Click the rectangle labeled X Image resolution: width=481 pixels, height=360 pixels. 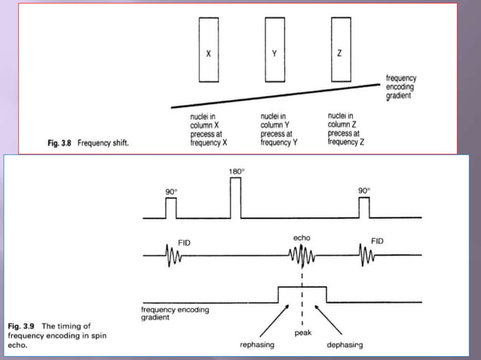207,50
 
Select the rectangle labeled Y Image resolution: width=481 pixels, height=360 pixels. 274,50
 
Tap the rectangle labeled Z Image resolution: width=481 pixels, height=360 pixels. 341,50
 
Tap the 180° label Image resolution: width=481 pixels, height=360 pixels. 235,172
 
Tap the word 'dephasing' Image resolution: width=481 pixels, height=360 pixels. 345,345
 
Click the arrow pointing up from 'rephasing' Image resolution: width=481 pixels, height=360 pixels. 264,322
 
